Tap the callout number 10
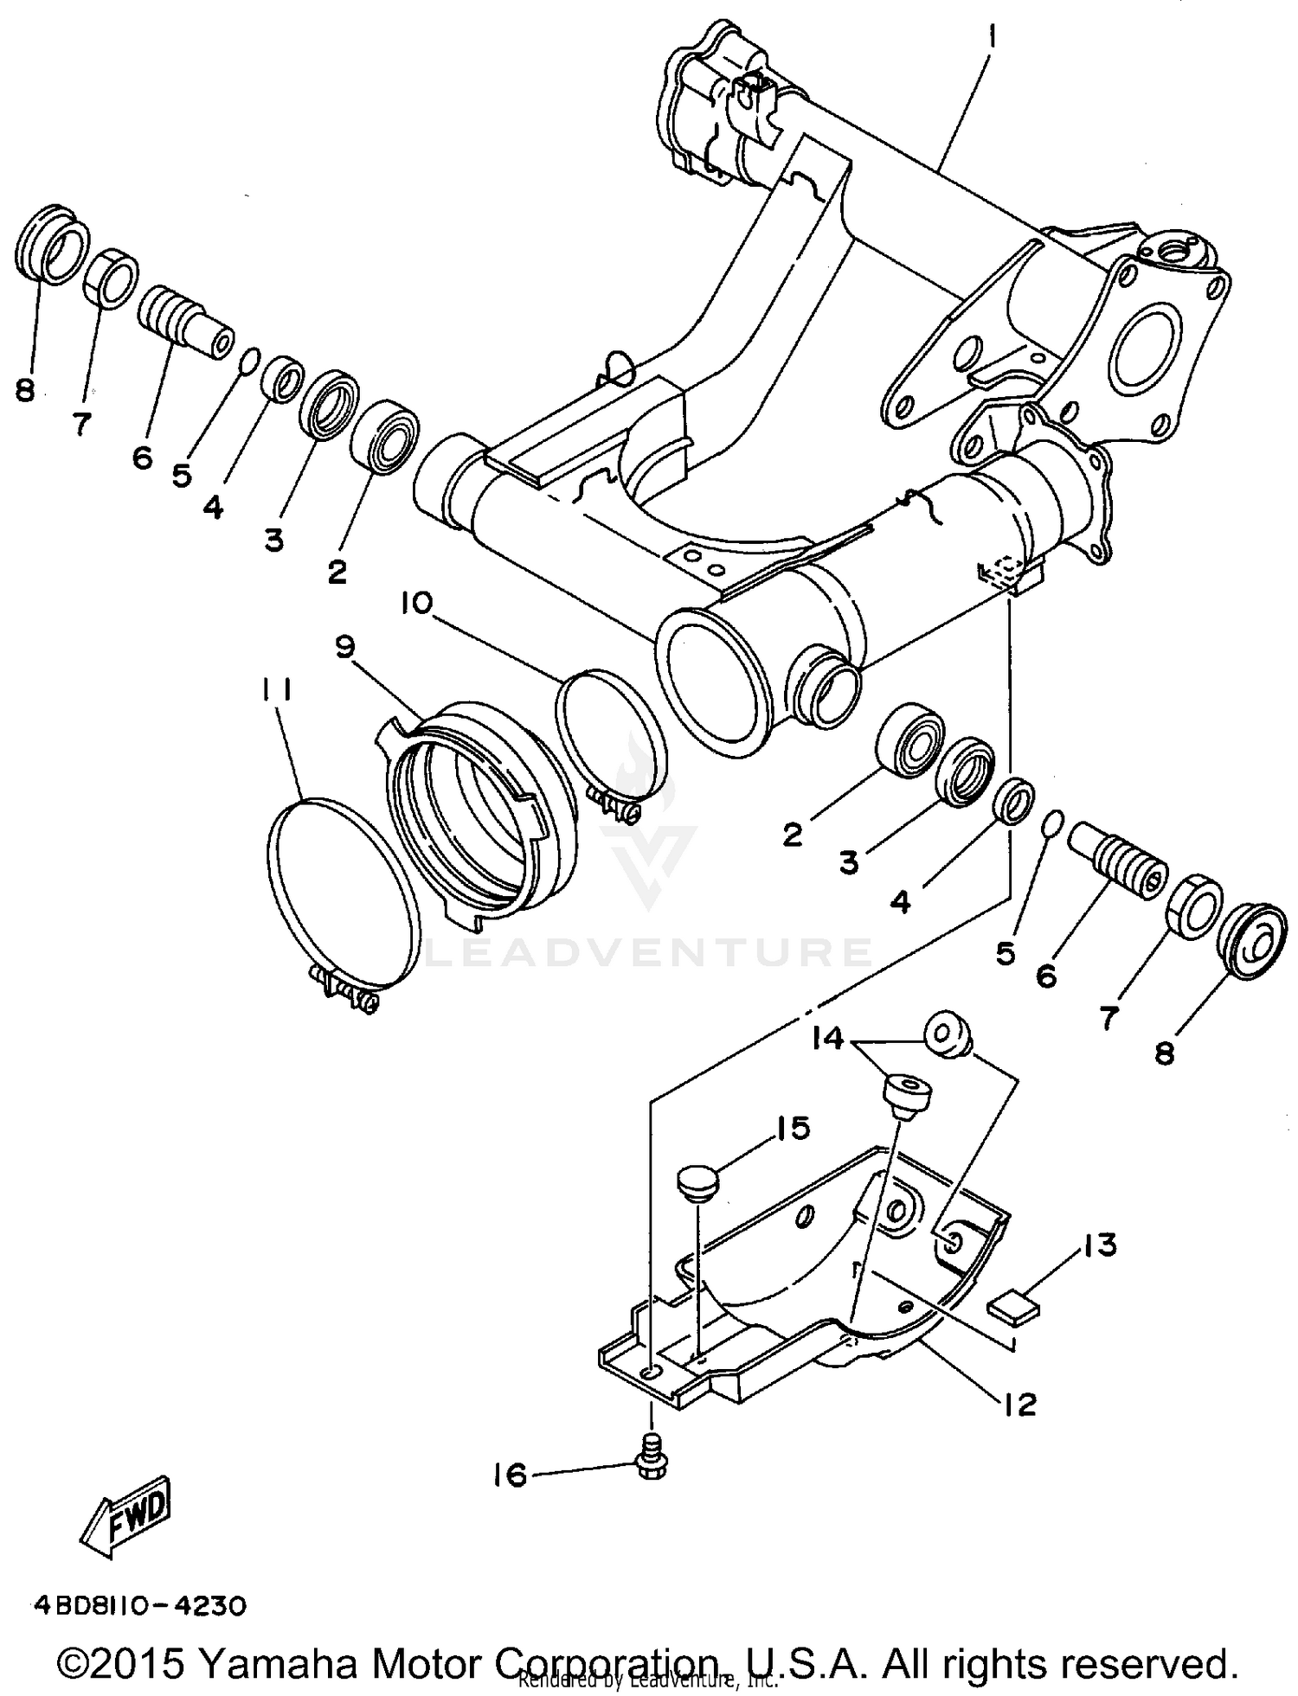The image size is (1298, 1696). pos(416,603)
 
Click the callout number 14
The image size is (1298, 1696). pos(828,1038)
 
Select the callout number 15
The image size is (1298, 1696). pos(793,1128)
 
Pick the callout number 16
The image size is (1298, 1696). pos(511,1475)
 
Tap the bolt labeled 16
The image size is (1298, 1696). pos(650,1464)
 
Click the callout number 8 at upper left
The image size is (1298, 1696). pos(25,391)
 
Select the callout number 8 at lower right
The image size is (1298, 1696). pos(1165,1053)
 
